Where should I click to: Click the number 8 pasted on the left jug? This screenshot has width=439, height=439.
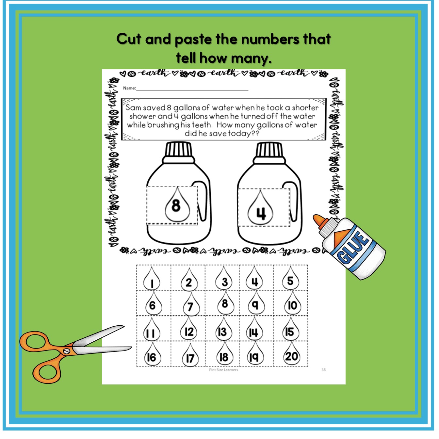pos(176,205)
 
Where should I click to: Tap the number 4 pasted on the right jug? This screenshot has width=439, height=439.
pos(261,213)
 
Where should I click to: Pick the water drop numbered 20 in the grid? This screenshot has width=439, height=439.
pos(291,356)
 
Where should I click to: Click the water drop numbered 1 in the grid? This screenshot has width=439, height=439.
pos(152,282)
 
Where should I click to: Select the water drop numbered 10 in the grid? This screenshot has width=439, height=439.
pos(292,305)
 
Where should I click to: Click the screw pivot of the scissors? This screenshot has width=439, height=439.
pos(67,351)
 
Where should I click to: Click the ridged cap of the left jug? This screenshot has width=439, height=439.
pos(178,150)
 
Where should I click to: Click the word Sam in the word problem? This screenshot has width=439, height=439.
pos(134,107)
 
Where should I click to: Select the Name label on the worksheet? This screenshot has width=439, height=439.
pos(129,88)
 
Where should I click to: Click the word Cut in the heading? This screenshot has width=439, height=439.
pos(129,39)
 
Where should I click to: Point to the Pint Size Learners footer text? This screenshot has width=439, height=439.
pos(224,370)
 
